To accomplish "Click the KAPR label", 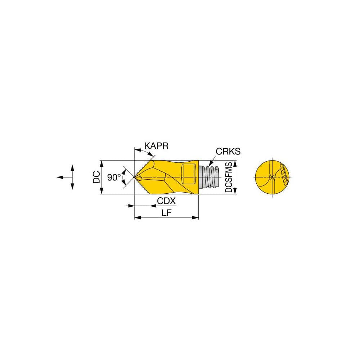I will click(x=156, y=146).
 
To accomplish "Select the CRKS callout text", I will click(x=228, y=152).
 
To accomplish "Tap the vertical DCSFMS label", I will click(x=229, y=177).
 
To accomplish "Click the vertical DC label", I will click(x=96, y=177).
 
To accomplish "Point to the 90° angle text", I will click(x=114, y=177).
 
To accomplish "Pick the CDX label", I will click(x=166, y=201).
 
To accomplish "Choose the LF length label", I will click(x=166, y=213).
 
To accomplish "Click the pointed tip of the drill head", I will click(x=135, y=177).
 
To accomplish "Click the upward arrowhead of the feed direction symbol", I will click(x=72, y=167).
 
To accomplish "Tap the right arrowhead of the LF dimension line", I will click(x=197, y=217).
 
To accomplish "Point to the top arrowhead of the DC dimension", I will click(x=102, y=162).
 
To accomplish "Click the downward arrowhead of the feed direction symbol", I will click(x=72, y=187).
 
